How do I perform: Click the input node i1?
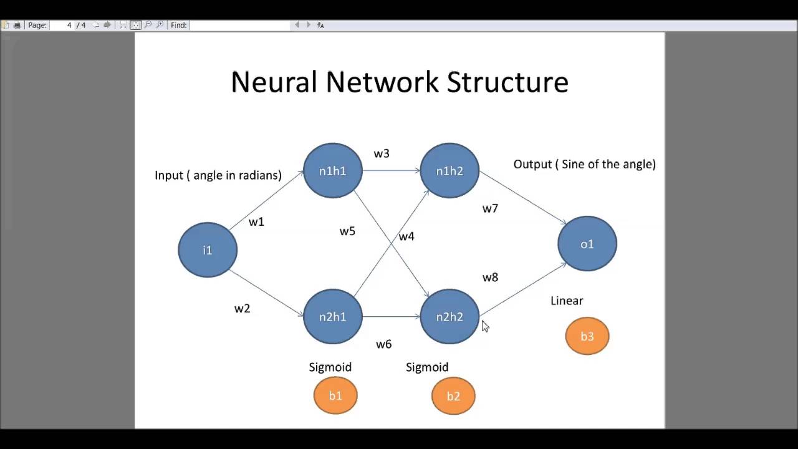(208, 249)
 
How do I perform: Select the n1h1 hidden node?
(332, 171)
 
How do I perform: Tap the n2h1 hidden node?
(332, 317)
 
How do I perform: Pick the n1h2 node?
(449, 171)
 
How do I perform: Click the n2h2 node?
(449, 317)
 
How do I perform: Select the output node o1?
(587, 244)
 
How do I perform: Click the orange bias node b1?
(335, 395)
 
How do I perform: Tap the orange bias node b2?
(453, 396)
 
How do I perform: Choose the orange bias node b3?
(587, 336)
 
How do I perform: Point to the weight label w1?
(256, 222)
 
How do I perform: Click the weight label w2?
(242, 309)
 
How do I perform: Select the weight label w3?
(382, 153)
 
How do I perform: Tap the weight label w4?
(406, 236)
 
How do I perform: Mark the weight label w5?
(347, 231)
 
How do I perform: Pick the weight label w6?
(383, 344)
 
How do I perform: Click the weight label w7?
(490, 208)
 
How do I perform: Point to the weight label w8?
(490, 278)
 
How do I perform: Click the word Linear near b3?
(567, 301)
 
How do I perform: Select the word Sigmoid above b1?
(330, 367)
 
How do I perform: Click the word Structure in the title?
(507, 82)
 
